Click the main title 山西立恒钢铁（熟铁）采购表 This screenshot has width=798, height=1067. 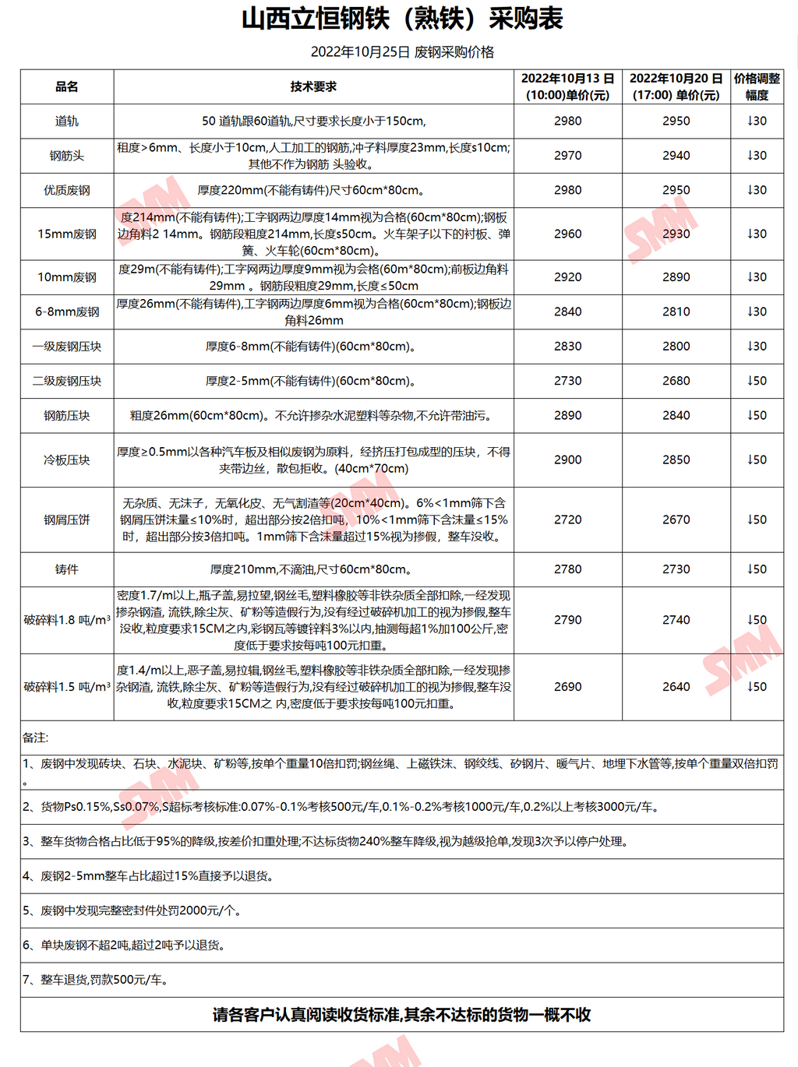coord(402,19)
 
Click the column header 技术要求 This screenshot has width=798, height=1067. coord(313,86)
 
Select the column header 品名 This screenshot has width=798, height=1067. coord(67,86)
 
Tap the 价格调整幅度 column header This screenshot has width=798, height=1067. coord(757,86)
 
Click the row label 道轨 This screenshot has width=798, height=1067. coord(67,121)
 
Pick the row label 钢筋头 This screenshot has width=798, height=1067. coord(67,156)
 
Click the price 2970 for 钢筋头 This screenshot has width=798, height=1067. coord(567,156)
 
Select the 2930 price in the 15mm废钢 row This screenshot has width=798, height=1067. coord(676,234)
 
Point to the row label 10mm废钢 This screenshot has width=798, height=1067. coord(67,277)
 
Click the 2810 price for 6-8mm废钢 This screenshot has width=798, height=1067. coord(676,312)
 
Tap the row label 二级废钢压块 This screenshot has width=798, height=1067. coord(67,381)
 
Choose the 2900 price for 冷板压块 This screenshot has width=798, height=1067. coord(567,460)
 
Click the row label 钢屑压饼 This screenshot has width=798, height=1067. coord(67,519)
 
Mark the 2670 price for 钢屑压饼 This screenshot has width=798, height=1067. coord(676,519)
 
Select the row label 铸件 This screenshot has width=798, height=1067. coord(67,569)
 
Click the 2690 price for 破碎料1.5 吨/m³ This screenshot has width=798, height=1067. coord(567,687)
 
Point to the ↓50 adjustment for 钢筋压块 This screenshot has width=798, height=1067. coord(757,415)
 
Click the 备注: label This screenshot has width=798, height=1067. coord(36,738)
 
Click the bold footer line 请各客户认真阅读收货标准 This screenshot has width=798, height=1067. coord(402,1015)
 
